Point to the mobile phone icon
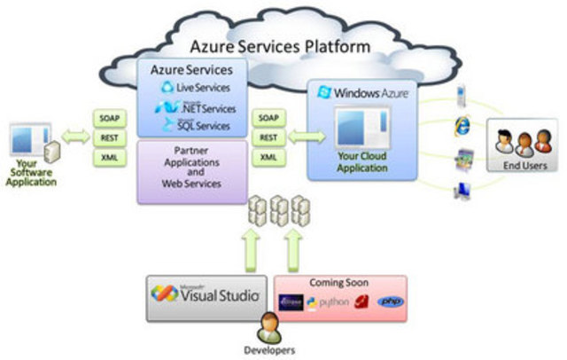pyautogui.click(x=462, y=93)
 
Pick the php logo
pyautogui.click(x=390, y=301)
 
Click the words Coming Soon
pyautogui.click(x=339, y=282)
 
